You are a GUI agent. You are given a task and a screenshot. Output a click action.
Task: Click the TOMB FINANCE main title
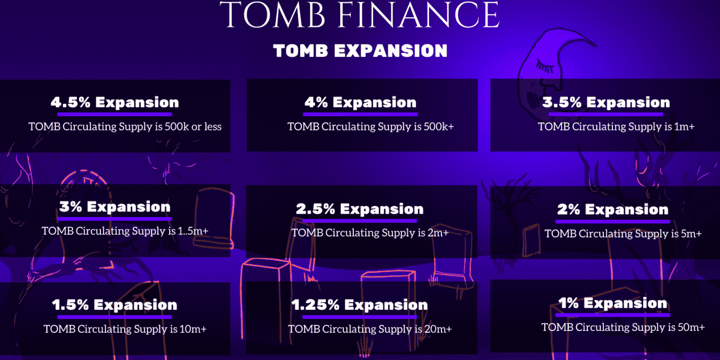tap(359, 14)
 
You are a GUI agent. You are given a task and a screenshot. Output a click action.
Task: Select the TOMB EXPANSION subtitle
tap(361, 51)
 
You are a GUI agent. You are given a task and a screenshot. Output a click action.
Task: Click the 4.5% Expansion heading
tap(114, 102)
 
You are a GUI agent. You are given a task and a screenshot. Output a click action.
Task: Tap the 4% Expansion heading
tap(361, 102)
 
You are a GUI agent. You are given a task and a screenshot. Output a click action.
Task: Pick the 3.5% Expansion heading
tap(606, 102)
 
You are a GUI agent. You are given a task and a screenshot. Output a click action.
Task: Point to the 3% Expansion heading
tap(114, 207)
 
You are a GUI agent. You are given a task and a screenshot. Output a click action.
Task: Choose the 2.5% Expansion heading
tap(359, 209)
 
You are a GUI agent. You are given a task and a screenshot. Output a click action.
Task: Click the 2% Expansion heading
tap(613, 209)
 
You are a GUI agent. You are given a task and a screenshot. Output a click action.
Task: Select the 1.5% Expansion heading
tap(114, 305)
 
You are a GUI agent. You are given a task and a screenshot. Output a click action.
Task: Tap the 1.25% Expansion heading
tap(359, 305)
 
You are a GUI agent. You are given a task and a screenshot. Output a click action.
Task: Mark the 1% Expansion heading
tap(613, 303)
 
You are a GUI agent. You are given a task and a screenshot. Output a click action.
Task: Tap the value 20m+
tap(438, 329)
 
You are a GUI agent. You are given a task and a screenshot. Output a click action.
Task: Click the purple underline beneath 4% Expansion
tap(360, 114)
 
